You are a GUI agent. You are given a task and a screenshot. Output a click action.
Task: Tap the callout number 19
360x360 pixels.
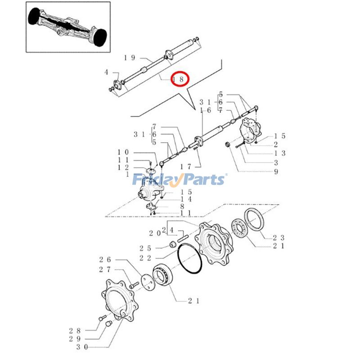130,58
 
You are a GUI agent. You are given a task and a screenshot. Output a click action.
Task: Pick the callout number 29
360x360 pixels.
75,339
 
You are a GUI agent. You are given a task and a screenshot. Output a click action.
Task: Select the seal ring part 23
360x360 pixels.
255,220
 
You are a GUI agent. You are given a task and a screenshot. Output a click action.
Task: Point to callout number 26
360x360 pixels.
105,260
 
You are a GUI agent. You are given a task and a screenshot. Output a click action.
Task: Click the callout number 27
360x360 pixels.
105,270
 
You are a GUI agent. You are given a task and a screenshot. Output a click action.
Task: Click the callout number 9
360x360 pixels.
276,171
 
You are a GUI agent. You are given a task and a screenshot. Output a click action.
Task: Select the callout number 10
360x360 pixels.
123,152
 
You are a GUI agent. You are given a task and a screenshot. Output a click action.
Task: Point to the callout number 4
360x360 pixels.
106,72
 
